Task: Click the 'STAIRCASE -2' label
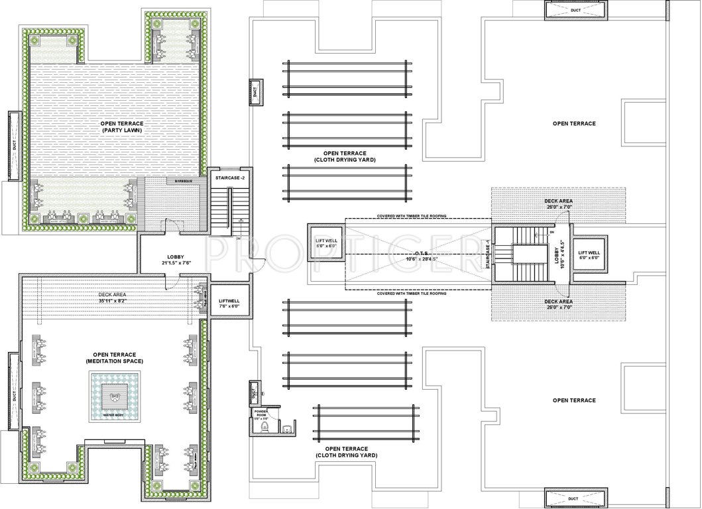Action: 227,178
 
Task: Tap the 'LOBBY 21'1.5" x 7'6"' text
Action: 176,260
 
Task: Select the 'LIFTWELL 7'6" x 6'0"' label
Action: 229,304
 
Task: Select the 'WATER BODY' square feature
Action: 115,396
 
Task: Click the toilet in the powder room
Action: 265,427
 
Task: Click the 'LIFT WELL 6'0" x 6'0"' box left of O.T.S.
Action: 326,242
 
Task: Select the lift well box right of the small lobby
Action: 589,254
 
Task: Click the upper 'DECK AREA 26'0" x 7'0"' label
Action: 557,203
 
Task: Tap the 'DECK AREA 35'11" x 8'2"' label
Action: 112,298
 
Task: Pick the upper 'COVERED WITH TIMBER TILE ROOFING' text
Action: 412,215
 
